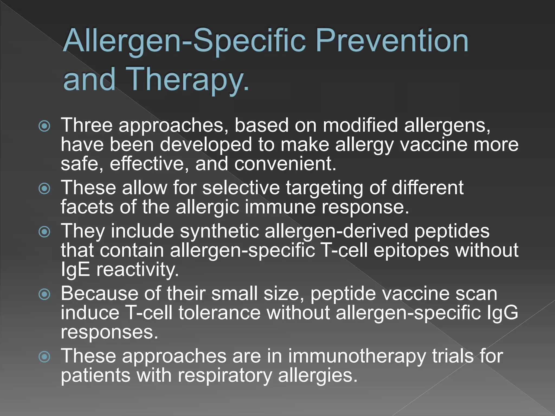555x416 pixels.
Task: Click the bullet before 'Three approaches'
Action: (x=44, y=126)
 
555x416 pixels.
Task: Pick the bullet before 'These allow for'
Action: (x=44, y=188)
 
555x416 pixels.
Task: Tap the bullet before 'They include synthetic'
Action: (x=44, y=232)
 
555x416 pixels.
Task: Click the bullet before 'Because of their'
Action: (x=44, y=294)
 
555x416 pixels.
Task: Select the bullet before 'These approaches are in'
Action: (x=44, y=357)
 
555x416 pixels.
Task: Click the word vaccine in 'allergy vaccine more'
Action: (x=434, y=144)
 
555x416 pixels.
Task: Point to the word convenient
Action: (x=285, y=164)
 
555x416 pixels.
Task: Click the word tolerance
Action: (x=220, y=313)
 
